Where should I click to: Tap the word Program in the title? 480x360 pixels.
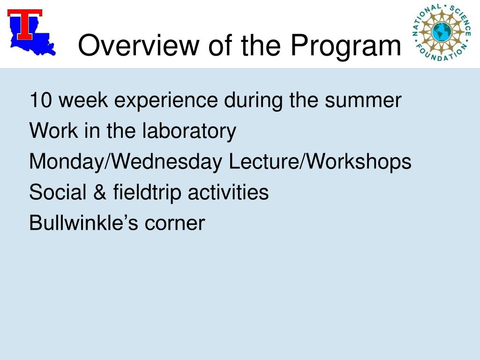tap(345, 46)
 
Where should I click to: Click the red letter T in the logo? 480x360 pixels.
tap(25, 24)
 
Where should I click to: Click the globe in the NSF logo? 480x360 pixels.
tap(442, 32)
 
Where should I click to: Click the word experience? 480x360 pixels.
tap(165, 101)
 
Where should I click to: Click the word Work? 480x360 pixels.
tap(54, 131)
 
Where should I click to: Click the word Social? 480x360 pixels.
tap(58, 192)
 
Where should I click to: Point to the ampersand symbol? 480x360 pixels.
tap(100, 192)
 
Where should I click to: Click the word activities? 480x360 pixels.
tap(228, 192)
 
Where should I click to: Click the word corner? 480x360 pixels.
tap(174, 224)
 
